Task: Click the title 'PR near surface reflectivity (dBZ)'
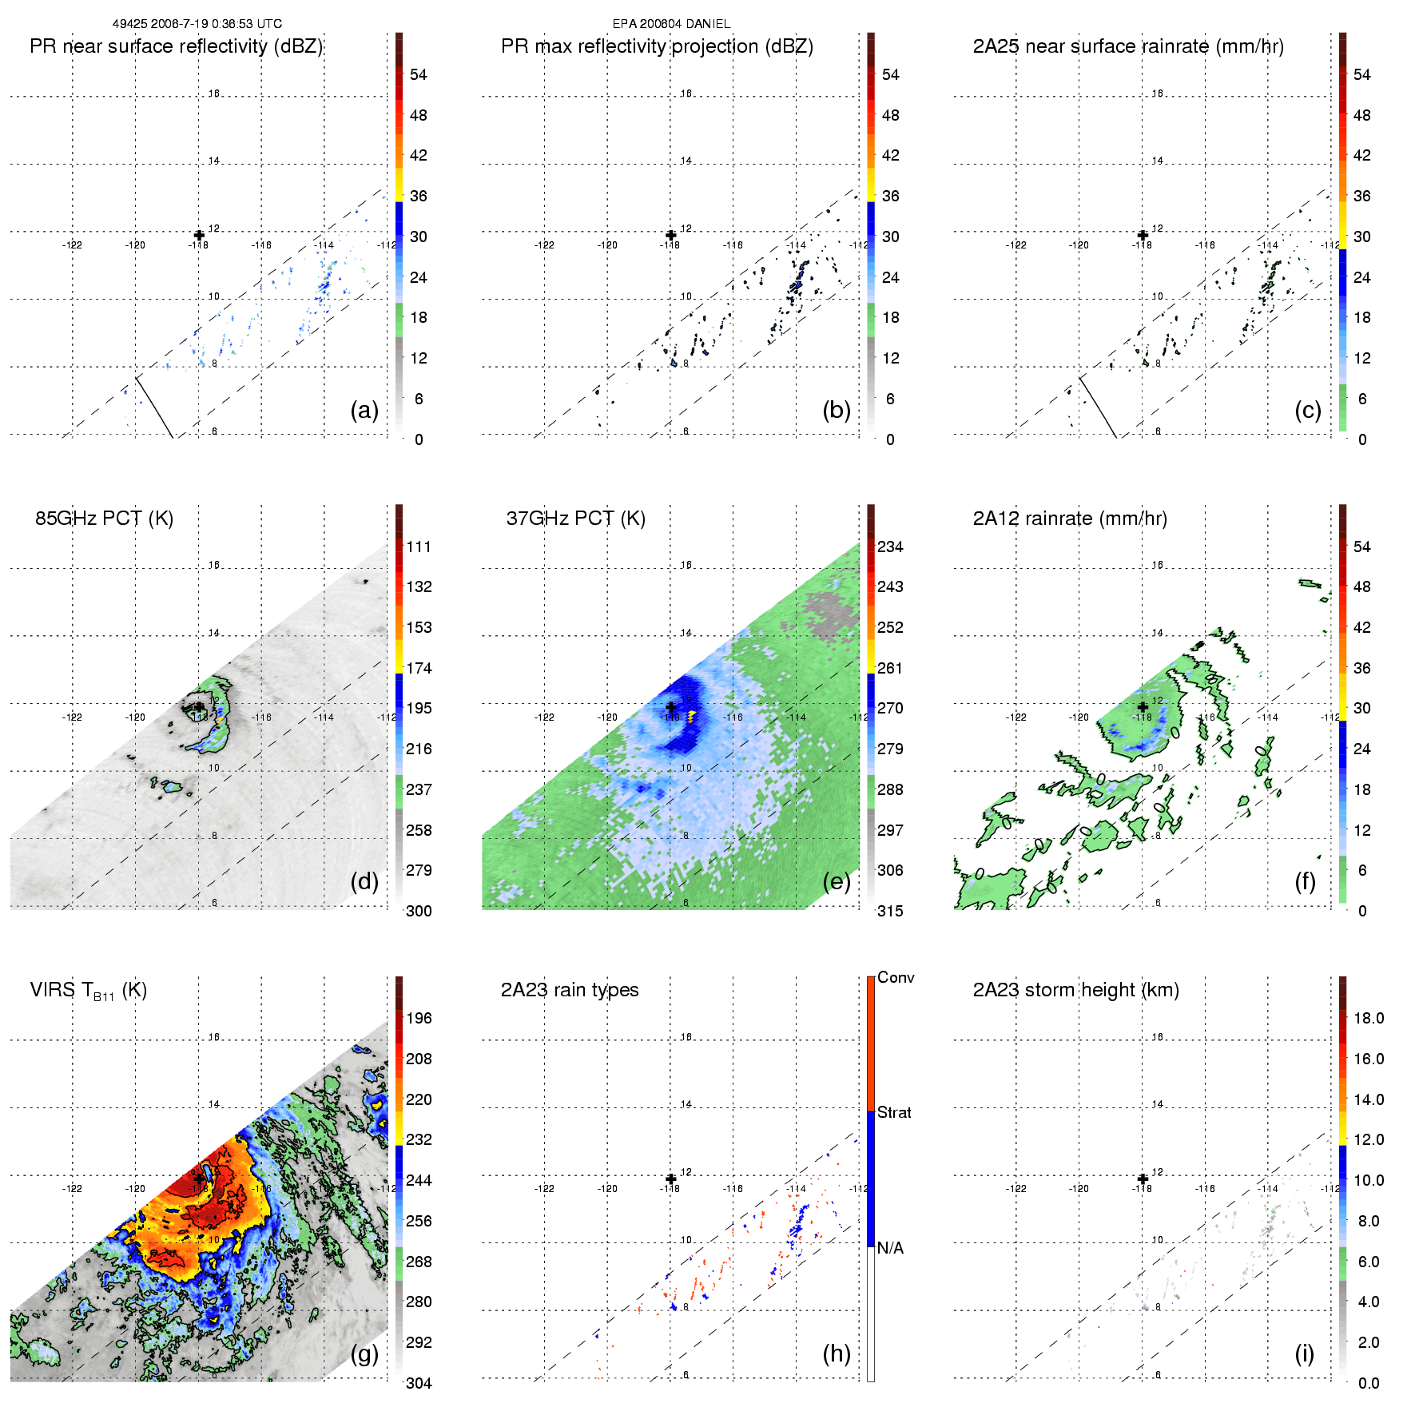pos(176,46)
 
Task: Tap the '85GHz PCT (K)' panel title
pos(104,519)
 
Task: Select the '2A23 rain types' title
pos(569,990)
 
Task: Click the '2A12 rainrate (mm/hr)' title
pos(1069,519)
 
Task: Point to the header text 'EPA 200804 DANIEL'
pos(671,24)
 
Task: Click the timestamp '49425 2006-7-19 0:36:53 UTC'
pos(197,24)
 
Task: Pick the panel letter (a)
pos(364,411)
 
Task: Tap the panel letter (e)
pos(836,882)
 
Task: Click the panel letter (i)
pos(1304,1353)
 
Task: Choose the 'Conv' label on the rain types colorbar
pos(896,978)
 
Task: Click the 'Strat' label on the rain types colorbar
pos(894,1113)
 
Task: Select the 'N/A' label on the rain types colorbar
pos(890,1248)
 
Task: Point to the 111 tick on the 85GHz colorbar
pos(419,547)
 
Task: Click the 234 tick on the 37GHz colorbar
pos(890,547)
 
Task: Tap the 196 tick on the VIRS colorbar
pos(419,1019)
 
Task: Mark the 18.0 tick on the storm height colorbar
pos(1368,1019)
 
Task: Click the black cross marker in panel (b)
pos(671,235)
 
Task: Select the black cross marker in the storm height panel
pos(1143,1179)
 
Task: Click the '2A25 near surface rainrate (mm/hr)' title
pos(1128,46)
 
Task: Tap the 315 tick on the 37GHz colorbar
pos(890,912)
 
